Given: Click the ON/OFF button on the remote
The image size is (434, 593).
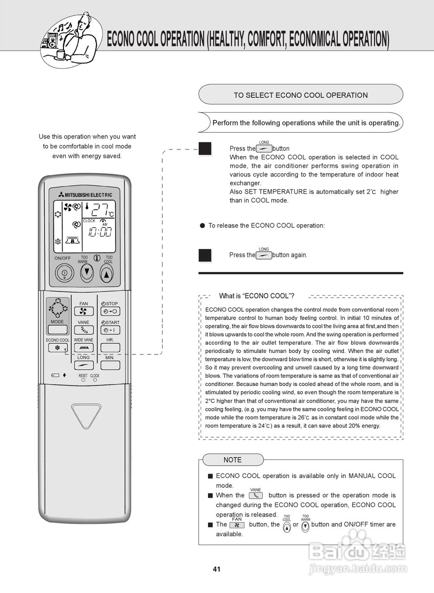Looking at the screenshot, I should point(64,273).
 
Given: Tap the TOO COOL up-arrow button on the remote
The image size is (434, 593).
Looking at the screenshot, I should point(107,274).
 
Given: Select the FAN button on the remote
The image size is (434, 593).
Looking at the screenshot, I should point(84,311).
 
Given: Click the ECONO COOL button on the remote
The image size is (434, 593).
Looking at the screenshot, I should point(57,347).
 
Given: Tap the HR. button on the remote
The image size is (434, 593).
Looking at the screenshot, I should point(110,347).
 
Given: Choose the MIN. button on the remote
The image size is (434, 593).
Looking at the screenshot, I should point(110,365).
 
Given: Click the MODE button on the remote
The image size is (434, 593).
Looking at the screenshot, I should point(57,329).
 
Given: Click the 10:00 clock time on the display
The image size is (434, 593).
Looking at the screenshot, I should point(100,232).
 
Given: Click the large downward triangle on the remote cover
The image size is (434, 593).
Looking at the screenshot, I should point(86,415).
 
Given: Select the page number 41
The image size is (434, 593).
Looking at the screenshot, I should point(217,569).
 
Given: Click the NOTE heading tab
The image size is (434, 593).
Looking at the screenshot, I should point(233,460).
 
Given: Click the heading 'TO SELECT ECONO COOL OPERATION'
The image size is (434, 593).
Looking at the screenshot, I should point(301,95).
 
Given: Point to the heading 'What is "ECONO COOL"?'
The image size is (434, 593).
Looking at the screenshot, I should point(257,296).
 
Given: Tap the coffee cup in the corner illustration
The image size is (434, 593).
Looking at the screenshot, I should point(61,55).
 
